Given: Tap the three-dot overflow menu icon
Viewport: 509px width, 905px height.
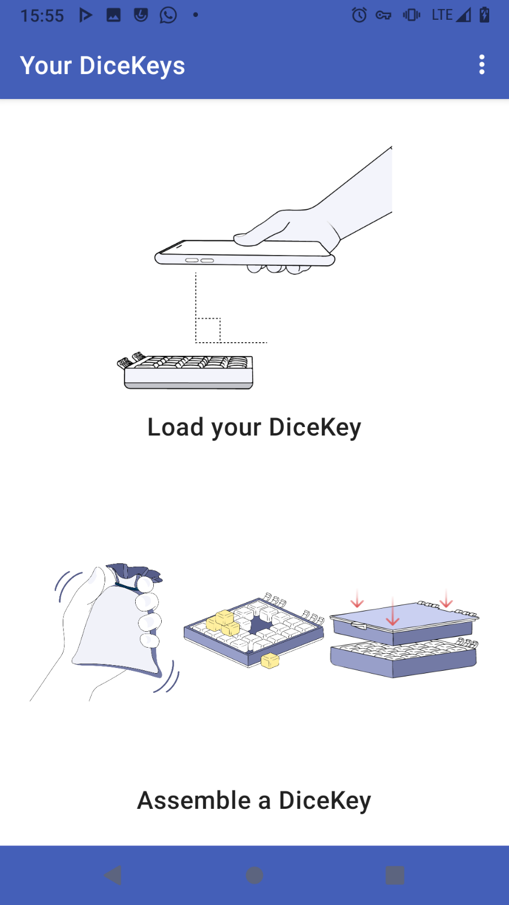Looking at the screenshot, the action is coord(481,64).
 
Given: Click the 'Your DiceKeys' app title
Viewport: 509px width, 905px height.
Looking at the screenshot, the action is coord(102,66).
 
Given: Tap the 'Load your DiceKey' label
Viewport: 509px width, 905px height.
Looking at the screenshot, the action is coord(254,428).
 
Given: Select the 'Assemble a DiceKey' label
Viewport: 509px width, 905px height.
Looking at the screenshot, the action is coord(254,801).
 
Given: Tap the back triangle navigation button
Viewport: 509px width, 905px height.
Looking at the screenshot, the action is coord(113,875).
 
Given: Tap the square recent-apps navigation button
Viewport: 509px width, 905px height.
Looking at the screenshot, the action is coord(395,875).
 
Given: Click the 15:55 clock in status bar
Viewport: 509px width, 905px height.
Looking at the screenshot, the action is coord(42,16).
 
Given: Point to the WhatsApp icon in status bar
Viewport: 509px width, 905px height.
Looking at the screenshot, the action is coord(168,15).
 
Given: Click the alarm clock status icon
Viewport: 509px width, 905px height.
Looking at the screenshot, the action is coord(359,15).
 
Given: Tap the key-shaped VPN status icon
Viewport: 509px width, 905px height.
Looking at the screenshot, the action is coord(383,15).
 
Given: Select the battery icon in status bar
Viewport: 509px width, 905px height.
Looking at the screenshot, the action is coord(484,15).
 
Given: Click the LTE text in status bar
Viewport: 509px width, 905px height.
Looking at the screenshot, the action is coord(442,15).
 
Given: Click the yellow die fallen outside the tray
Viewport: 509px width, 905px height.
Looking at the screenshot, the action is coord(270,661).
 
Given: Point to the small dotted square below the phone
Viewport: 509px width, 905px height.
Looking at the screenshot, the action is coord(208,330).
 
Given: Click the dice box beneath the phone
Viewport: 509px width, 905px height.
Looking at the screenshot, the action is coord(186,371).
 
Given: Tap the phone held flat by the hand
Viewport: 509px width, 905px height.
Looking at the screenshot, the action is coord(245,253).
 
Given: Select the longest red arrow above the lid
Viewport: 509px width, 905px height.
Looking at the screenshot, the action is coord(392,610).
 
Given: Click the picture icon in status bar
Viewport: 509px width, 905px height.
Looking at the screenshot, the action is coord(114,15).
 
